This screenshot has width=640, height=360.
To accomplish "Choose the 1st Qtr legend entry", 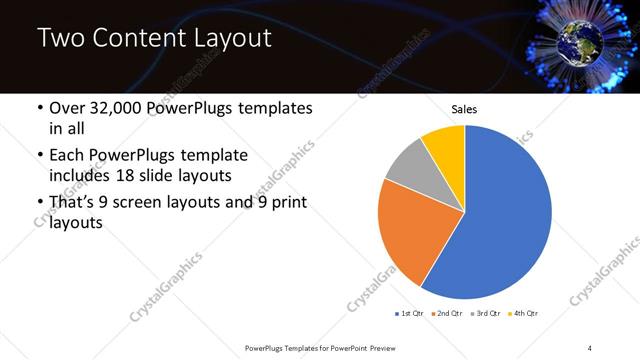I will [411, 314].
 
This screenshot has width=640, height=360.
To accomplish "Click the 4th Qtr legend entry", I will [524, 314].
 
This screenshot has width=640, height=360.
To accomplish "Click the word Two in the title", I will [61, 39].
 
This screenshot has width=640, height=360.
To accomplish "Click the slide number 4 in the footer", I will [590, 347].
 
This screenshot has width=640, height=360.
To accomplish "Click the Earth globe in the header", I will [578, 40].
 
